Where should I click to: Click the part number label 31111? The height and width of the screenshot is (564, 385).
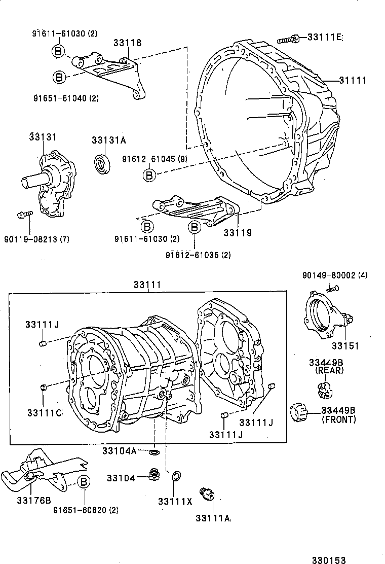pyautogui.click(x=353, y=80)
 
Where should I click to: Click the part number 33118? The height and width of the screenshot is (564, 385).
pyautogui.click(x=127, y=43)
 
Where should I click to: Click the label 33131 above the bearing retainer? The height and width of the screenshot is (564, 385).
pyautogui.click(x=43, y=137)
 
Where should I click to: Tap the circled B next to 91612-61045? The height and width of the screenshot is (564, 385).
pyautogui.click(x=149, y=175)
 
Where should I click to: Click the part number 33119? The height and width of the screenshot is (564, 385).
pyautogui.click(x=238, y=233)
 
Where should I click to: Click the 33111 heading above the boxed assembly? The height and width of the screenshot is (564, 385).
pyautogui.click(x=147, y=286)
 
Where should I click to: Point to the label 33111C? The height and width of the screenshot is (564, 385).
pyautogui.click(x=45, y=412)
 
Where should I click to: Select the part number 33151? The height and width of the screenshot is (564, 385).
pyautogui.click(x=345, y=346)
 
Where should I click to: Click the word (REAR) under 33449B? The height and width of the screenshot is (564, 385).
pyautogui.click(x=329, y=370)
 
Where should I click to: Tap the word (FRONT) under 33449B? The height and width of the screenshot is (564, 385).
pyautogui.click(x=339, y=419)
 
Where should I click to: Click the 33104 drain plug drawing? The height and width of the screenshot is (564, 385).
pyautogui.click(x=152, y=476)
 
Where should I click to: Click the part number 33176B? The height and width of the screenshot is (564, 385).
pyautogui.click(x=33, y=500)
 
